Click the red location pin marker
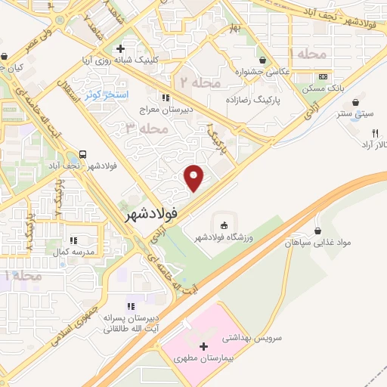click(195, 178)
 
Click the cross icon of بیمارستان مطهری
click(203, 345)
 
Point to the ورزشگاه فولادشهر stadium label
click(223, 237)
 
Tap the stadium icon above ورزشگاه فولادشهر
click(223, 224)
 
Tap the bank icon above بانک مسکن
click(323, 76)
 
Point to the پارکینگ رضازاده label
click(252, 99)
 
